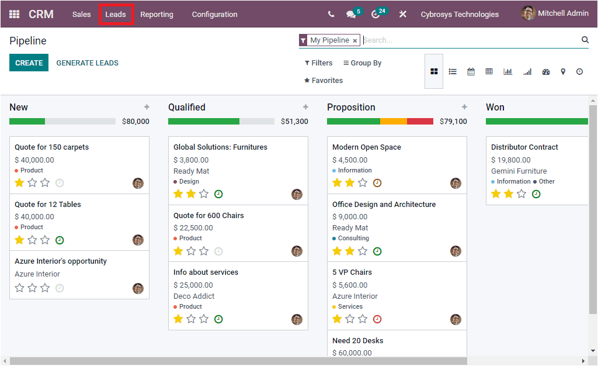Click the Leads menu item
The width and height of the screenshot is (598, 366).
(116, 15)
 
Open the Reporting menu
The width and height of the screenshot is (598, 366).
(157, 15)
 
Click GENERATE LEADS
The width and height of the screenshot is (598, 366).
(87, 63)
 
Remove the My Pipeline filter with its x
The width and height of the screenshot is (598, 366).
(354, 41)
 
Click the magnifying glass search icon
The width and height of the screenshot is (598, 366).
(585, 40)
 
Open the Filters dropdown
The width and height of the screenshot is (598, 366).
(318, 63)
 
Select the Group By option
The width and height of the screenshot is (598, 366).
(362, 63)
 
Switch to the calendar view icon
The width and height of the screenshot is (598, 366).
(471, 71)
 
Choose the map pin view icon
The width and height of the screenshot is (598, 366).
(563, 71)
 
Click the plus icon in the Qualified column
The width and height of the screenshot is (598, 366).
(305, 107)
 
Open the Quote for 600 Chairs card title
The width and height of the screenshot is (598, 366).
(208, 216)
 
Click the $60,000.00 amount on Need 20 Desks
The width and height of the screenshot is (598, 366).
(352, 353)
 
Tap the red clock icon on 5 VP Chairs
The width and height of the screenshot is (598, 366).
(377, 319)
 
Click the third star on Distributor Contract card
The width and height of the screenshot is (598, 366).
(521, 194)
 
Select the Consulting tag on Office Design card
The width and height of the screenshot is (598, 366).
(353, 239)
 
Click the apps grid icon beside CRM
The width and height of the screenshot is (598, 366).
(14, 15)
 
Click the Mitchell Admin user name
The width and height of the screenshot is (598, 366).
(562, 13)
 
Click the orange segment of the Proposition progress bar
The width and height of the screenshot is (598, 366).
(393, 122)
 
